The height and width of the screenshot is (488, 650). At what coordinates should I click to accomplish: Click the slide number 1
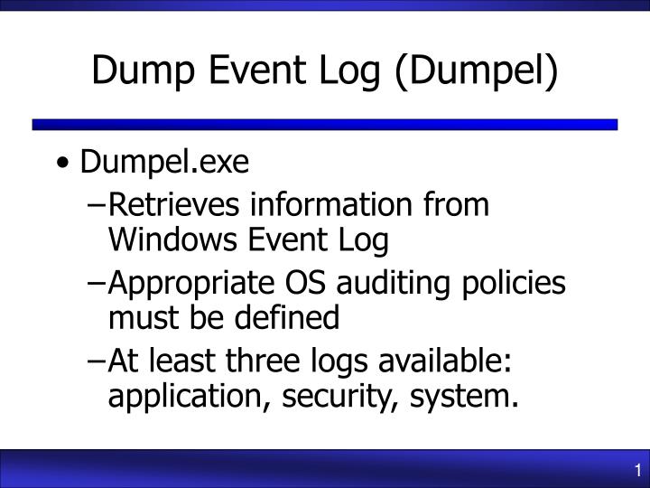point(637,470)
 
